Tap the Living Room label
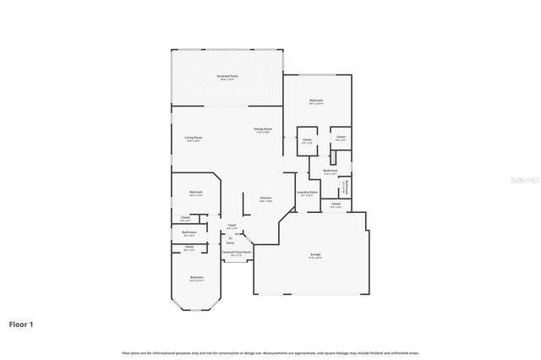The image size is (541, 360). point(194,138)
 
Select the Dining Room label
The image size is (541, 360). point(262,130)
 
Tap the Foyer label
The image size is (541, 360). point(232,226)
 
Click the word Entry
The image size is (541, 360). point(230,243)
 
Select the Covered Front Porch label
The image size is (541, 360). point(237,253)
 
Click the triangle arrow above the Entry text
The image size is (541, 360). point(230,237)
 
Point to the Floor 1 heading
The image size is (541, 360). point(22,323)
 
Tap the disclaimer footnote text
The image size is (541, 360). point(270,352)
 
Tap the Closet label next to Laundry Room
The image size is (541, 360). point(336,205)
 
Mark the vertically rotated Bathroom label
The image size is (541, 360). point(345,188)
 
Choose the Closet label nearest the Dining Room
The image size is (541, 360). point(307,141)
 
